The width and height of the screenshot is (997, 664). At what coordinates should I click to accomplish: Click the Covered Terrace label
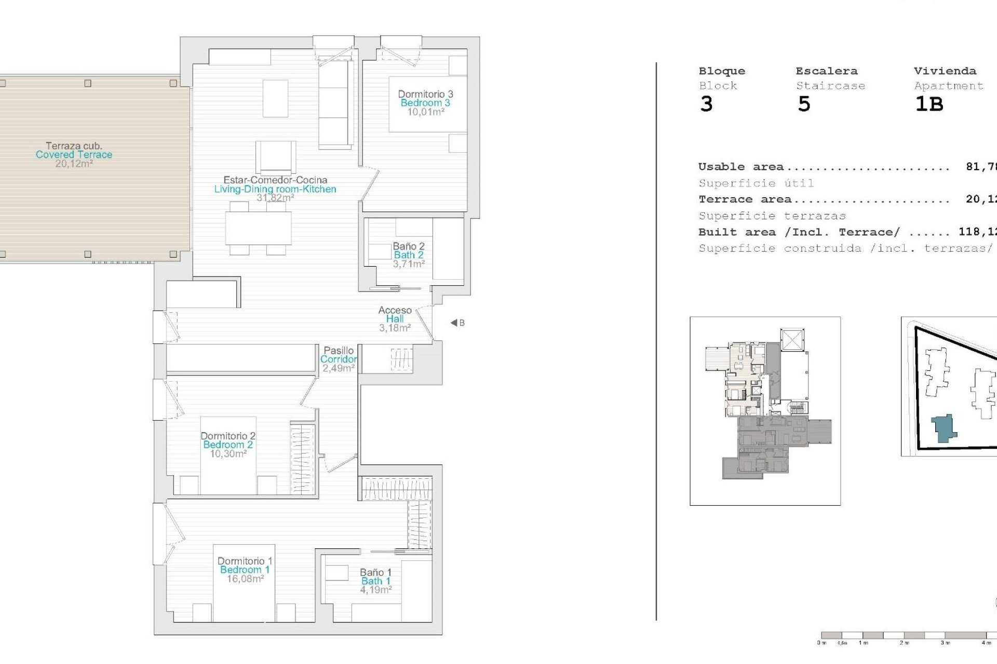tap(74, 155)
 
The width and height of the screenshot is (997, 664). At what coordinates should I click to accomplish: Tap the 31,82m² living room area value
tap(275, 198)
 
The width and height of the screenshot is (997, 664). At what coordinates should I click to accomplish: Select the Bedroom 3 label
tap(425, 103)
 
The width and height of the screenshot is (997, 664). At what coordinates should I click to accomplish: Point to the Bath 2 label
tap(409, 255)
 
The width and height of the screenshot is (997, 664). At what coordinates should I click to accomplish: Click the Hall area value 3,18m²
tap(395, 328)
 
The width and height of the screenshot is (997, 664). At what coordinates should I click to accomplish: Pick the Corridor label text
tap(339, 359)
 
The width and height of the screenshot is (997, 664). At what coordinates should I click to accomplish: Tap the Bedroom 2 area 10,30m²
tap(228, 454)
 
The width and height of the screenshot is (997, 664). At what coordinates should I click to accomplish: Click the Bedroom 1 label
tap(245, 570)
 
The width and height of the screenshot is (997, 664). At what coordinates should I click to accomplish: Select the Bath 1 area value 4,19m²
tap(376, 590)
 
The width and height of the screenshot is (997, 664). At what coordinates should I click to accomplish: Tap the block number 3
tap(706, 104)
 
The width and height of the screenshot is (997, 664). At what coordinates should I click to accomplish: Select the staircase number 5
tap(804, 104)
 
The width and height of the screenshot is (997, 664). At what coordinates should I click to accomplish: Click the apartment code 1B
tap(929, 104)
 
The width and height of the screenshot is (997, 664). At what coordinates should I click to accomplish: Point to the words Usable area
tap(741, 167)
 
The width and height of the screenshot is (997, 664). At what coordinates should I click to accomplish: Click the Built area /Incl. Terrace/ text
tap(799, 232)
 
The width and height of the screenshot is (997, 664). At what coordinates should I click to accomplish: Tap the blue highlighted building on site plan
tap(944, 428)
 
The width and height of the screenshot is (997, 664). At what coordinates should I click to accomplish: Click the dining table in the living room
tap(258, 229)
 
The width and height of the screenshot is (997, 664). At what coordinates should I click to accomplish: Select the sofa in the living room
tap(335, 104)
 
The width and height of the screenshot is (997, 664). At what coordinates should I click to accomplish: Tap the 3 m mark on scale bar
tap(945, 643)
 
